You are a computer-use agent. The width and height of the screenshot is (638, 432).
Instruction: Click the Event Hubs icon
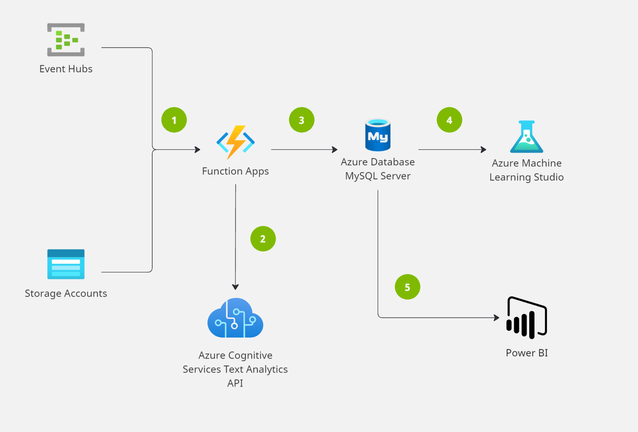click(x=66, y=40)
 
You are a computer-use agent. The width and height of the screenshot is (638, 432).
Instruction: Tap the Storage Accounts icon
click(x=66, y=264)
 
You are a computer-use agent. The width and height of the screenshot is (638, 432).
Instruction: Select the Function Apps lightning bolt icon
click(x=235, y=142)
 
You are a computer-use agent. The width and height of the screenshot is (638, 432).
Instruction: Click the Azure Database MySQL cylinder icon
click(x=378, y=135)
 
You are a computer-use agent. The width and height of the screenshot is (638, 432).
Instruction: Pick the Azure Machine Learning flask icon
click(x=526, y=137)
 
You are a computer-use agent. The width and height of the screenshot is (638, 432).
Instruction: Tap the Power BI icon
click(x=526, y=318)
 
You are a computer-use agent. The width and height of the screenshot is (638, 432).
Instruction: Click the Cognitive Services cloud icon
click(x=235, y=319)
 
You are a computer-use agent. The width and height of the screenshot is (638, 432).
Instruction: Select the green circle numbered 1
click(x=174, y=120)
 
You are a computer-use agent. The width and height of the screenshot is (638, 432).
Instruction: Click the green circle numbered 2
click(x=263, y=239)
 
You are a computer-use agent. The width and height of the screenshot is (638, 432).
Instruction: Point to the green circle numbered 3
click(x=302, y=120)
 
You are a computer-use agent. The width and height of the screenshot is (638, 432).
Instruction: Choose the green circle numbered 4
click(x=449, y=120)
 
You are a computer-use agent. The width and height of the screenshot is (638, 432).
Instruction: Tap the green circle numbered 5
click(x=407, y=287)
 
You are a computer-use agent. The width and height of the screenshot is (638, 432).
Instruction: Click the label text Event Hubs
click(x=66, y=69)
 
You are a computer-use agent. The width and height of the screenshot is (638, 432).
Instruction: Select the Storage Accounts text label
click(x=66, y=294)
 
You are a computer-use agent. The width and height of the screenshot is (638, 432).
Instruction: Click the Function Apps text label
click(x=235, y=171)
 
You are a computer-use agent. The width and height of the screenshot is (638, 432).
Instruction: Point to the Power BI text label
click(x=526, y=353)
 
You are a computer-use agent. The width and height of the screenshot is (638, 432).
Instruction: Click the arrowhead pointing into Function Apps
click(x=197, y=149)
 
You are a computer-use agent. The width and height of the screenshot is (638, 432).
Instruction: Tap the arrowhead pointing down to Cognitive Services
click(x=235, y=287)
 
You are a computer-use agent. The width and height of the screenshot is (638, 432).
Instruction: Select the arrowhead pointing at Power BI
click(x=496, y=318)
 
